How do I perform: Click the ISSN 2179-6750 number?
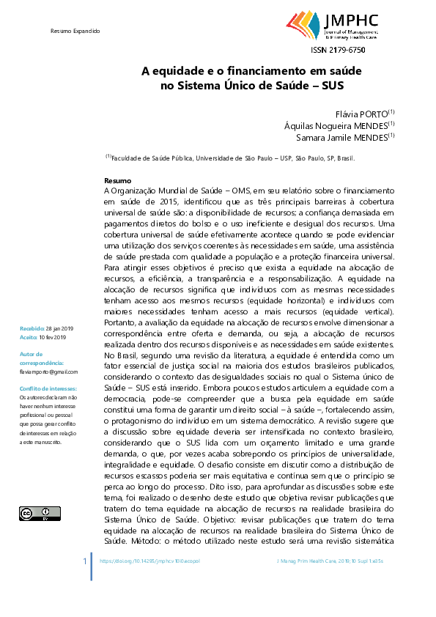click(338, 50)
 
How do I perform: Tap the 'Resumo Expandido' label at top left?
click(75, 32)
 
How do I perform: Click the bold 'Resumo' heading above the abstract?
click(118, 180)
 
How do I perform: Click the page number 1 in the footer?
click(85, 561)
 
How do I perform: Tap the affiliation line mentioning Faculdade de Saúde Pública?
click(231, 158)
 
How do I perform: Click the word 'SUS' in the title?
click(331, 85)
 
